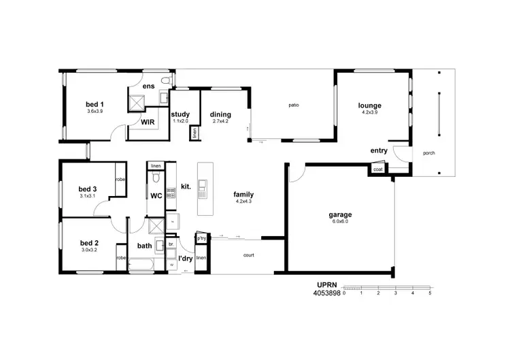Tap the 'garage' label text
tap(341, 214)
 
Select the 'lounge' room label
tap(370, 105)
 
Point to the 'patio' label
tap(294, 105)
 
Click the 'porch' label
tap(428, 153)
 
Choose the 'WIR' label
tap(148, 121)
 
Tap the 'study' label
tap(180, 114)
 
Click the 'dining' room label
tap(220, 114)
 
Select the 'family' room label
tap(243, 194)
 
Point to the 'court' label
tap(249, 256)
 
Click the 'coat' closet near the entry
tap(377, 169)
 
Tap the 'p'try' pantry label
tap(201, 239)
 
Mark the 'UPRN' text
tap(327, 287)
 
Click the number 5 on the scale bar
tap(430, 293)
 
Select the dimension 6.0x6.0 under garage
tap(341, 222)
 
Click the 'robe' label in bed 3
tap(120, 179)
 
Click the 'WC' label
tap(156, 197)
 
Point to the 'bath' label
tap(145, 246)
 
